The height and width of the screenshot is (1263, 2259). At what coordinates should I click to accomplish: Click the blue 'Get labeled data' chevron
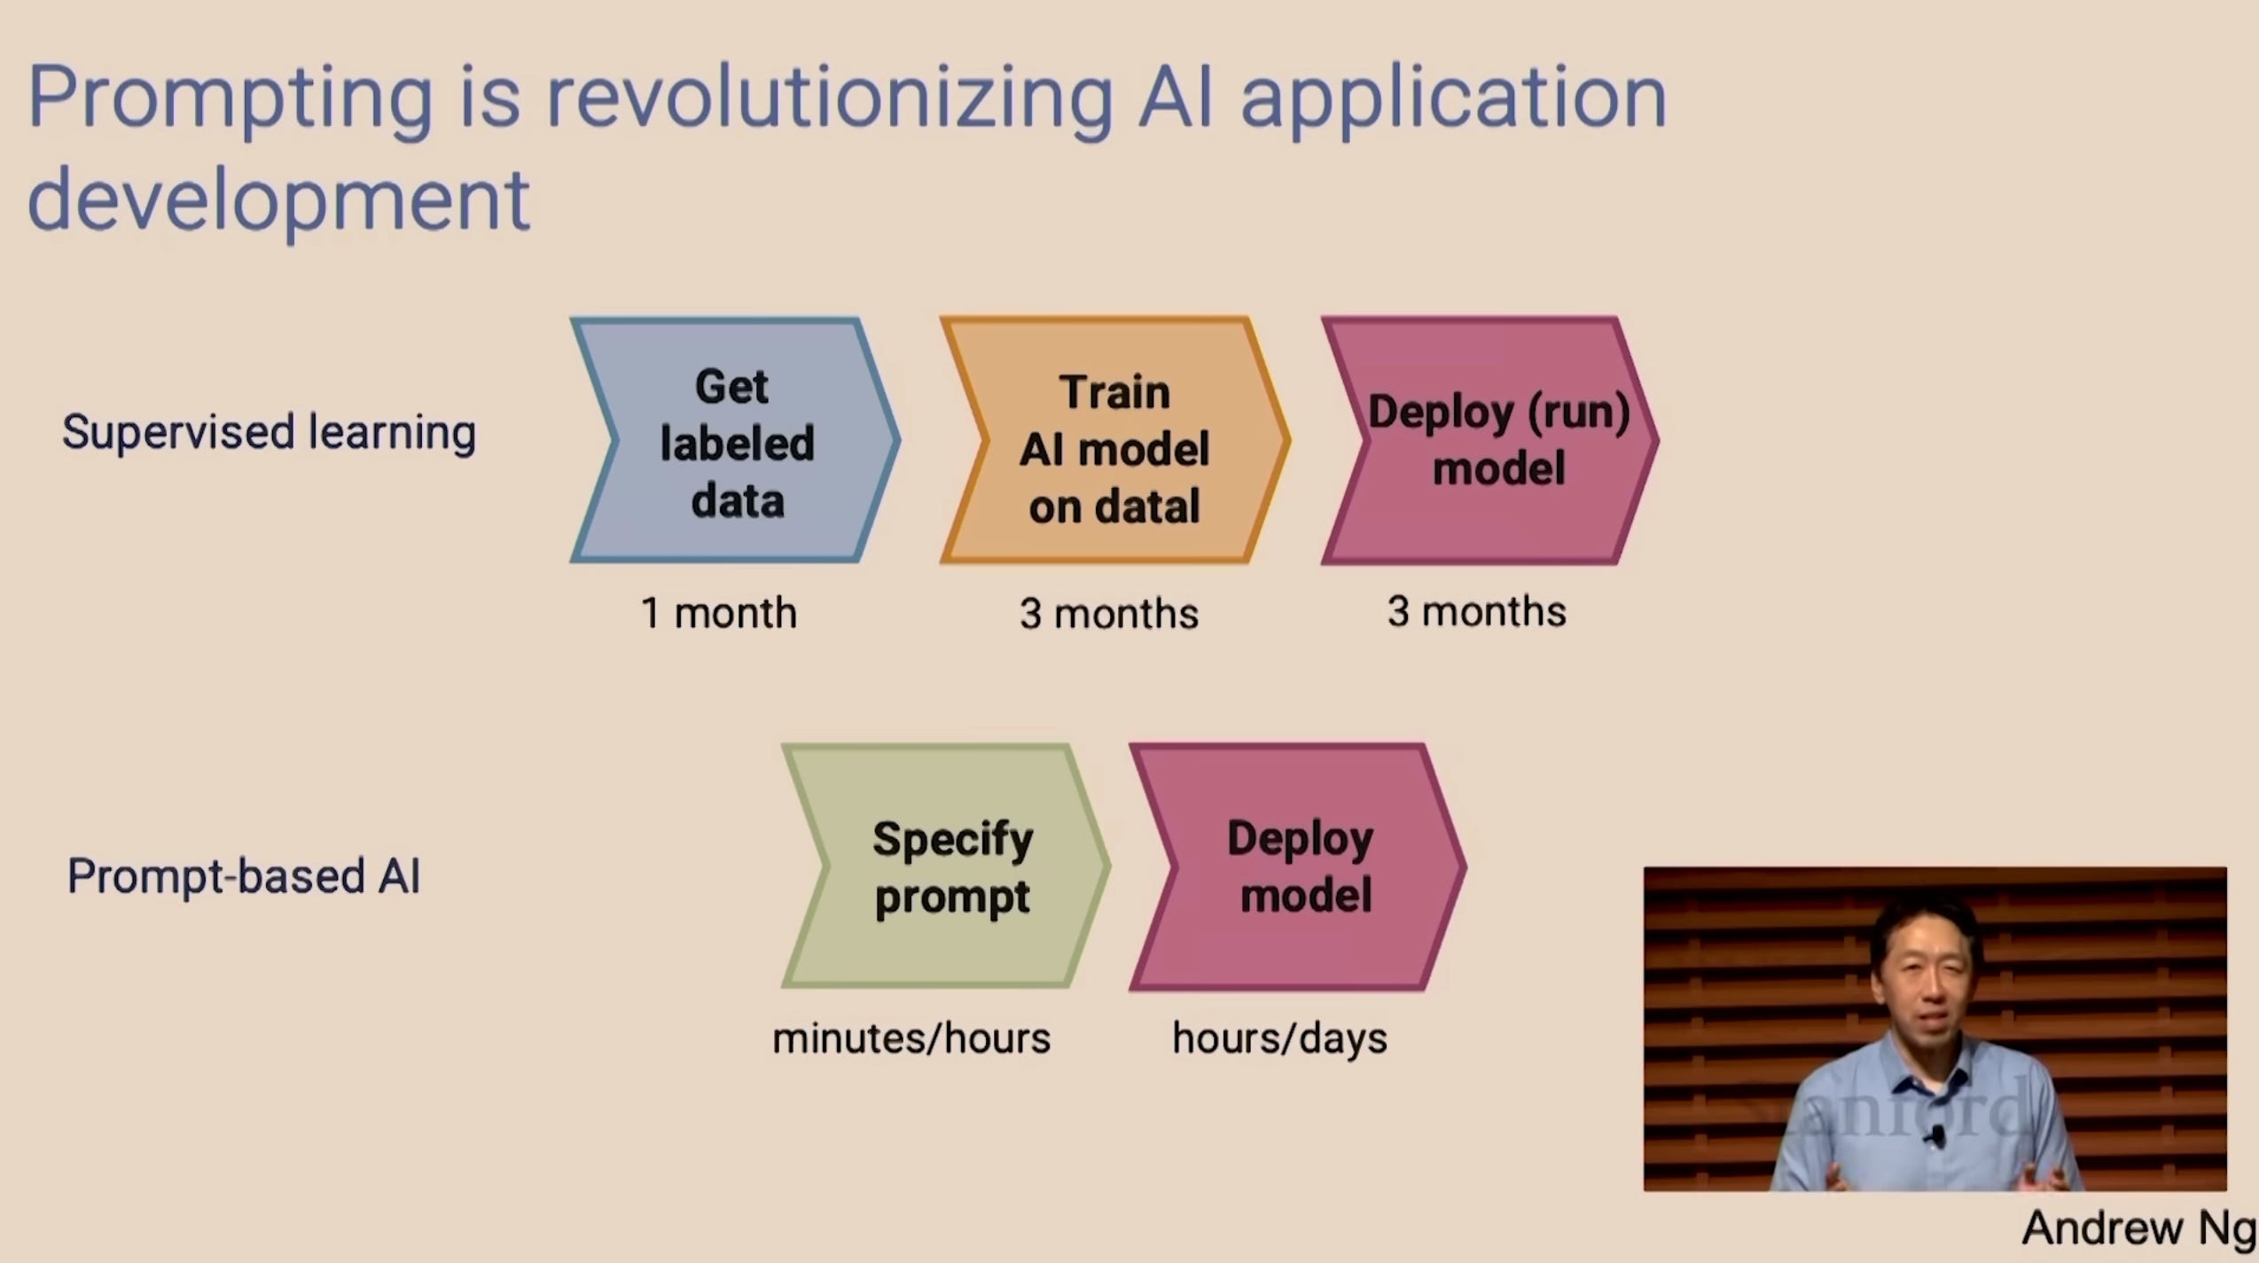[x=736, y=440]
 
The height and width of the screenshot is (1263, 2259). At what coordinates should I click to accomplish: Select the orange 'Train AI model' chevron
[x=1114, y=440]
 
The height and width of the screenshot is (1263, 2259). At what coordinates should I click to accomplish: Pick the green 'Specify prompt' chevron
[x=946, y=866]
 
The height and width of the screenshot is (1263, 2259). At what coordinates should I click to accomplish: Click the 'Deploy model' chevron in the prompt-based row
[x=1298, y=867]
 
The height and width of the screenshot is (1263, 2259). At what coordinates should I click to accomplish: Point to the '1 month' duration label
[x=719, y=613]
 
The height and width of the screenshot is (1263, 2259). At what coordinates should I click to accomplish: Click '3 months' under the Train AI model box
[x=1109, y=614]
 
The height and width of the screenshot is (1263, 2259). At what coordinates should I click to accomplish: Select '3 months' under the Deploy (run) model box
[x=1477, y=611]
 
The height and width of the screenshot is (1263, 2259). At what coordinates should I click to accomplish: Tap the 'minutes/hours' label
[x=911, y=1038]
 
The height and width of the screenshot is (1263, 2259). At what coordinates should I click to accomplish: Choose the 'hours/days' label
[x=1280, y=1039]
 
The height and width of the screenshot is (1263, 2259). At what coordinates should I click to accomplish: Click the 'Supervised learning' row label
[x=270, y=433]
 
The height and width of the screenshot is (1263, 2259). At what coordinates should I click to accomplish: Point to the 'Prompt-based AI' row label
[x=244, y=876]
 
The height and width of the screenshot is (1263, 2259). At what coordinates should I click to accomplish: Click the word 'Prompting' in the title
[x=231, y=99]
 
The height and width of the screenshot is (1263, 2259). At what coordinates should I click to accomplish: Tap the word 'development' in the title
[x=279, y=200]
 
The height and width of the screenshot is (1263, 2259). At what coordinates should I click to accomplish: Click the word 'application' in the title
[x=1454, y=99]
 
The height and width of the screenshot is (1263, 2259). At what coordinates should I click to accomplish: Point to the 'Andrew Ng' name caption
[x=2138, y=1228]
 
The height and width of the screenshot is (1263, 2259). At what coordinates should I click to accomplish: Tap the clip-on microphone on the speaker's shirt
[x=1938, y=1136]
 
